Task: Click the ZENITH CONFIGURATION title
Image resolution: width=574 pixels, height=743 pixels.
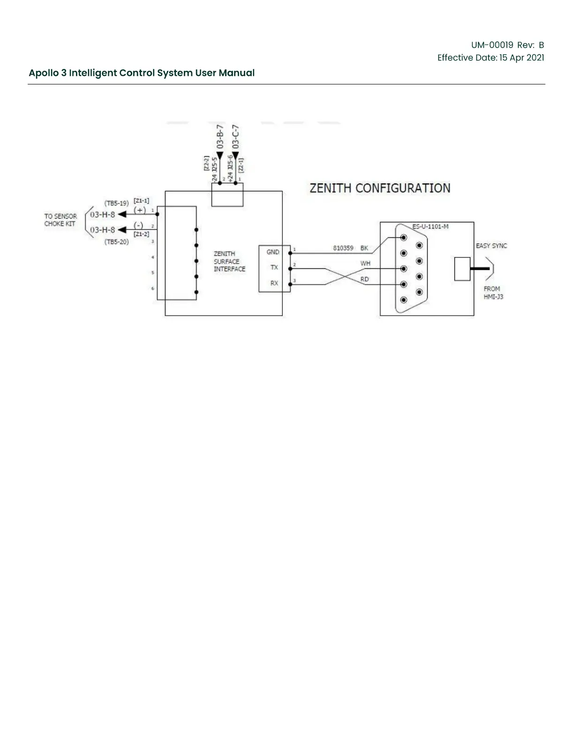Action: pyautogui.click(x=380, y=188)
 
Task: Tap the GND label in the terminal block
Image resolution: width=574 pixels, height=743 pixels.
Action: pyautogui.click(x=273, y=252)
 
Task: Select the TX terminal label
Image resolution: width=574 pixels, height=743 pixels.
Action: pyautogui.click(x=274, y=267)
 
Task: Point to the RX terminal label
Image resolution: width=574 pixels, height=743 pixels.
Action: pyautogui.click(x=274, y=283)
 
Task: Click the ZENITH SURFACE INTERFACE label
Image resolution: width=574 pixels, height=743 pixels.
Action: pyautogui.click(x=229, y=261)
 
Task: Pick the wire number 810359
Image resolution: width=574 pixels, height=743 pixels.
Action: pyautogui.click(x=343, y=248)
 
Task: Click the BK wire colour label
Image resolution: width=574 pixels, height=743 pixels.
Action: pyautogui.click(x=364, y=248)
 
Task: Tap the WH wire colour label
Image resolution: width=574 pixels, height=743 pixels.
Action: pyautogui.click(x=365, y=264)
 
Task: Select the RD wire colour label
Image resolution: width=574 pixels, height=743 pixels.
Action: pyautogui.click(x=364, y=279)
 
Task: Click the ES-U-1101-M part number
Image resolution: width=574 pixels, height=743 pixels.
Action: pyautogui.click(x=430, y=227)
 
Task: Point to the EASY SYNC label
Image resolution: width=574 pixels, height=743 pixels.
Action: pyautogui.click(x=491, y=246)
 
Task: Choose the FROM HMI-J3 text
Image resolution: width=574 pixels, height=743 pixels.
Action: pyautogui.click(x=493, y=293)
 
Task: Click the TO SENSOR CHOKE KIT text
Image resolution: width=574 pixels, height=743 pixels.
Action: pyautogui.click(x=60, y=220)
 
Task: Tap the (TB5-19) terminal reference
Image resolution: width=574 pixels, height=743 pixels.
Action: pyautogui.click(x=116, y=204)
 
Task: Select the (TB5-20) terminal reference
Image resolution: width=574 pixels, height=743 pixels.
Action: pyautogui.click(x=116, y=242)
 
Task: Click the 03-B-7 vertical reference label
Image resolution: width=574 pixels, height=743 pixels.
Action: pyautogui.click(x=219, y=136)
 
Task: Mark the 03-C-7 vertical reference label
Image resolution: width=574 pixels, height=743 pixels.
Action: pyautogui.click(x=235, y=136)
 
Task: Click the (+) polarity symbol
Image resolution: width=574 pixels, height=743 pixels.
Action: pyautogui.click(x=140, y=210)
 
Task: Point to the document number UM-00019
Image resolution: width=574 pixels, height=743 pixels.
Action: pyautogui.click(x=492, y=45)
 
